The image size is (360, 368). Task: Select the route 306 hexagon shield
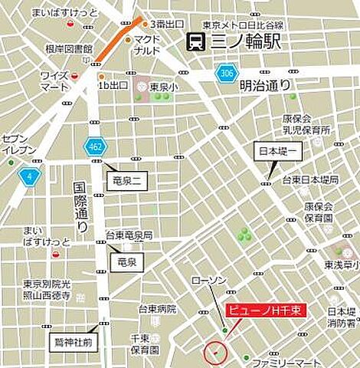[x=224, y=74]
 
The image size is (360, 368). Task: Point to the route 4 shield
[x=30, y=176]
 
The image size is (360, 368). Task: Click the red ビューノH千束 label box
[x=265, y=310]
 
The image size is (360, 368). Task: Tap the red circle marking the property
[x=217, y=353]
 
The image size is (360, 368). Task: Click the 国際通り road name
[x=80, y=207]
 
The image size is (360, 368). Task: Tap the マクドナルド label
[x=147, y=45]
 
